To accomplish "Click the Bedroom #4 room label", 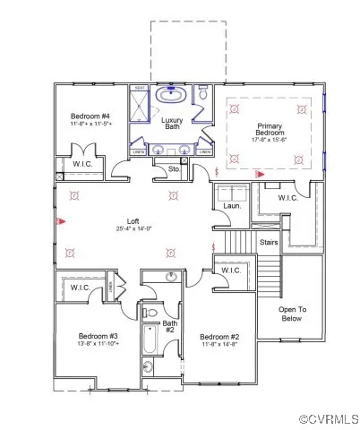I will [x=90, y=116].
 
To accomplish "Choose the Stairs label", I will [x=268, y=242].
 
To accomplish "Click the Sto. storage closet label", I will [x=174, y=168].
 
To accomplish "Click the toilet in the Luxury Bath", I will [x=204, y=93].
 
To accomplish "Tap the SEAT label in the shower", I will [x=140, y=88].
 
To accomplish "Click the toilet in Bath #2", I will [x=148, y=366].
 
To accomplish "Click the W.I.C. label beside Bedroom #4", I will [x=73, y=164].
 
